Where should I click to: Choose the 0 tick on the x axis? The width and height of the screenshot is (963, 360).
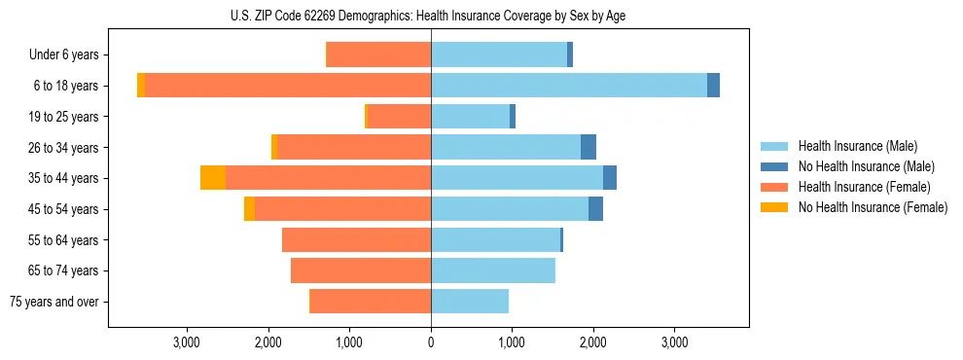click(x=431, y=342)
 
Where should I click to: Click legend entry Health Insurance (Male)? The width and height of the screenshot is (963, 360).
click(x=856, y=146)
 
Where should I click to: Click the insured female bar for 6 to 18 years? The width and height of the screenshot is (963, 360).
click(x=288, y=86)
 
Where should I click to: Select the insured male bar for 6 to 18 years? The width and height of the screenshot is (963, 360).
click(x=569, y=86)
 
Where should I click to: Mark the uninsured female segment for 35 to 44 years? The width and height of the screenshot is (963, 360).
click(x=213, y=178)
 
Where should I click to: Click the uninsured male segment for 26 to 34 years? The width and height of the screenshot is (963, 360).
click(x=588, y=147)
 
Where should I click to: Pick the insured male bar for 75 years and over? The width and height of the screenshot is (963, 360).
click(x=470, y=302)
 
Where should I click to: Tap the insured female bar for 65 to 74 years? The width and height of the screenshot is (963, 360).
click(x=361, y=270)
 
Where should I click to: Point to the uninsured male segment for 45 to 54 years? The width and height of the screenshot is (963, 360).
click(x=595, y=209)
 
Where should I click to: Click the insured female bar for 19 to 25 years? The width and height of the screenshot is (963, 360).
click(x=399, y=117)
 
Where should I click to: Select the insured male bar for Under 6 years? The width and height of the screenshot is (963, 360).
click(x=499, y=55)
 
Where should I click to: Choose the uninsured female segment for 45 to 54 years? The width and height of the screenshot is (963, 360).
click(x=249, y=209)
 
